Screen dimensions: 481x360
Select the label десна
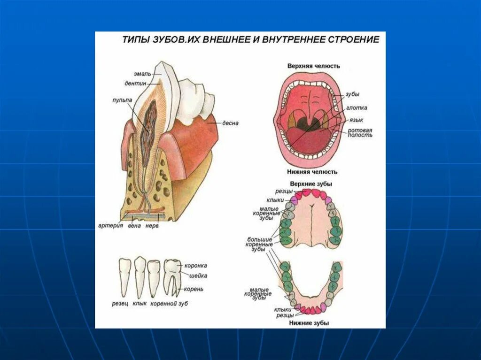pos(230,123)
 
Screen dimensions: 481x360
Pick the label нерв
pos(152,225)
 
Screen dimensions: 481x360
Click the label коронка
pos(195,266)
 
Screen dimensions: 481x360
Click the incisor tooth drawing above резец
pos(124,277)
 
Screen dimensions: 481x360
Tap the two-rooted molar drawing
pos(172,277)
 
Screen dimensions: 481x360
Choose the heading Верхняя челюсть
pos(313,66)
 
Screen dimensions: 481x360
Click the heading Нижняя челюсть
pos(312,172)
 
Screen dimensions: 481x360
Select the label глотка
pos(357,107)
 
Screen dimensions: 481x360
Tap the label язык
pos(356,120)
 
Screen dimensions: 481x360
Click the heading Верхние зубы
pos(311,184)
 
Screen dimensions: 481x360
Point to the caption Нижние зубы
pos(309,323)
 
